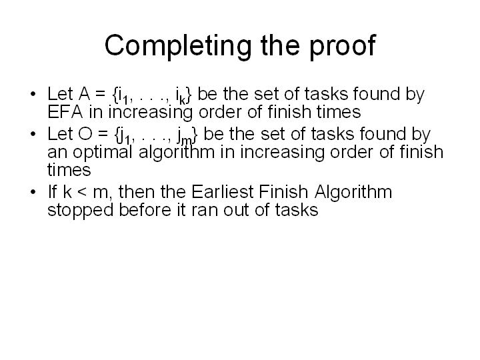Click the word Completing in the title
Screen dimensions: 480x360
point(178,46)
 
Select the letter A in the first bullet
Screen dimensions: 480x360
point(85,94)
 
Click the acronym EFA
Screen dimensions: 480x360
point(65,112)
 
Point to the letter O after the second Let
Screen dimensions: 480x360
point(85,134)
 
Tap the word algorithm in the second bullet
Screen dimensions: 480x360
point(177,153)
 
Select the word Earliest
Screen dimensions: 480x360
point(223,192)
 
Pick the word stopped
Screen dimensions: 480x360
point(81,211)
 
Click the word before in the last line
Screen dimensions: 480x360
point(145,210)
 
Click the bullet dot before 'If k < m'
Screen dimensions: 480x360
point(33,192)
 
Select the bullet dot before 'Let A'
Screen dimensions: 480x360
point(33,94)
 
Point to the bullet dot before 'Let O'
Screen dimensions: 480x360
point(33,134)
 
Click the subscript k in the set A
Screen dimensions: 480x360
point(183,100)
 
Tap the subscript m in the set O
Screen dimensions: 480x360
point(187,141)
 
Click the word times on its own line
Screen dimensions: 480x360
point(69,170)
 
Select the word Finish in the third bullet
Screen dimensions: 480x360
point(283,192)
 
